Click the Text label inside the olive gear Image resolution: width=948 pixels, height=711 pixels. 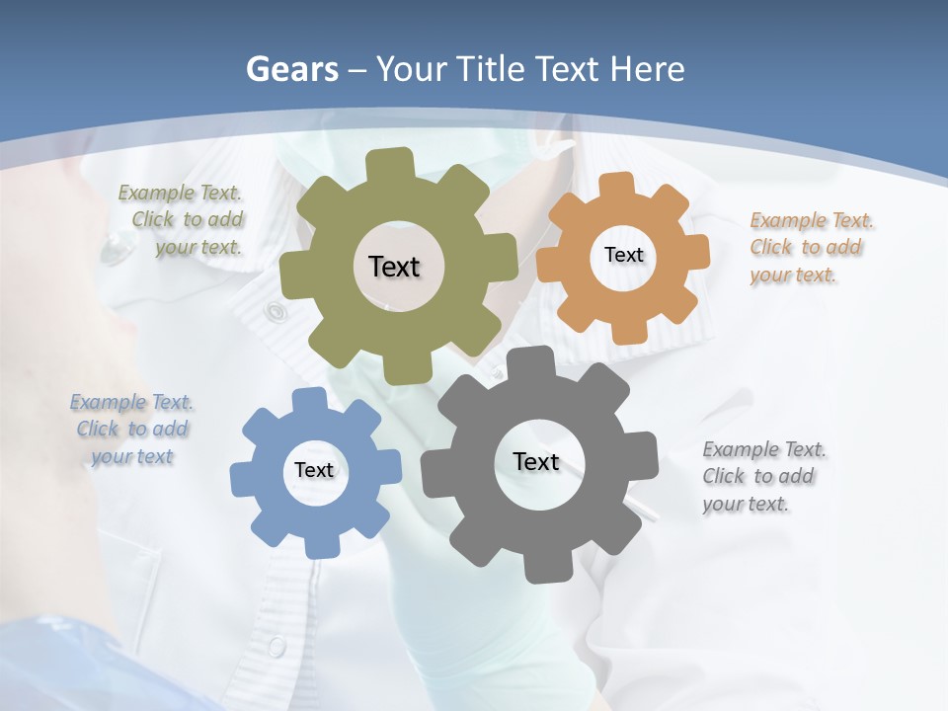394,267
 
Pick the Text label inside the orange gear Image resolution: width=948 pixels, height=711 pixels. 623,255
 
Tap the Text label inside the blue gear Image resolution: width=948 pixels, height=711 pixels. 314,470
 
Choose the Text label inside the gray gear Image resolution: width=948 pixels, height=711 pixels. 536,461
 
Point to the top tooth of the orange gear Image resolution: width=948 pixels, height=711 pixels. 617,184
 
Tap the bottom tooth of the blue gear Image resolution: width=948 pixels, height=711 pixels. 319,545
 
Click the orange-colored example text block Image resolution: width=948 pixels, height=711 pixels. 810,247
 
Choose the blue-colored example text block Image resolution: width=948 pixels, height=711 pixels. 131,430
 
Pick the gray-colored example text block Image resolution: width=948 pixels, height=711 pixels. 762,476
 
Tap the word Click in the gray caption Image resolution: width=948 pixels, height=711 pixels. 724,476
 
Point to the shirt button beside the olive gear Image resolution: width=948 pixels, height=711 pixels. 275,313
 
